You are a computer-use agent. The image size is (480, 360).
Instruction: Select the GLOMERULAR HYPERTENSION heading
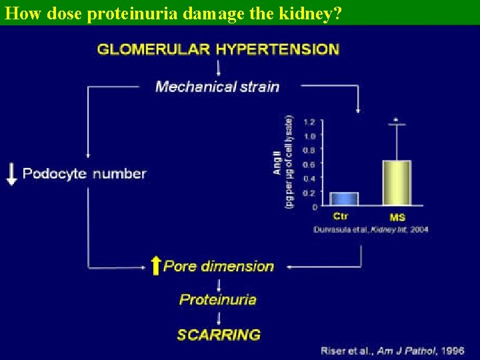(218, 49)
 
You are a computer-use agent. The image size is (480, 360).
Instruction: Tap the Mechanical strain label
(217, 86)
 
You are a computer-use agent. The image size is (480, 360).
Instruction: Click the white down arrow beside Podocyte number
(11, 173)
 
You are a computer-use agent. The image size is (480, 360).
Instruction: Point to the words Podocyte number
(84, 173)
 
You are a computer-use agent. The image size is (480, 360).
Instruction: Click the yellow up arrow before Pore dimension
(155, 266)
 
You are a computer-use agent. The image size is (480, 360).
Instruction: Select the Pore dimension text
(219, 266)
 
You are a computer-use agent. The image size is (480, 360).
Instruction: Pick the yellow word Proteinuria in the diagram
(217, 299)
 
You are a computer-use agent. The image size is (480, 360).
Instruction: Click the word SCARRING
(219, 334)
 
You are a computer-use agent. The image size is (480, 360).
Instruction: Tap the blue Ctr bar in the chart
(344, 199)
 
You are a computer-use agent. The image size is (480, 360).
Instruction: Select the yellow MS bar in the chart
(396, 183)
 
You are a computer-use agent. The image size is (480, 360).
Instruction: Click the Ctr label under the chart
(341, 217)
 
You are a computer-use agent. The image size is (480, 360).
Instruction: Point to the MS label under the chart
(397, 217)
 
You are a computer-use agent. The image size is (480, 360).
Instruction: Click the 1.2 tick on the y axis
(309, 122)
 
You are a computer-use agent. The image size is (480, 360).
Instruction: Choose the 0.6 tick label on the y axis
(309, 164)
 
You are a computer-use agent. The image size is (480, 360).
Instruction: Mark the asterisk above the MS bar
(397, 121)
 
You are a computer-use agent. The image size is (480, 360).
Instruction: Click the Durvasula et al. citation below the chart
(371, 229)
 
